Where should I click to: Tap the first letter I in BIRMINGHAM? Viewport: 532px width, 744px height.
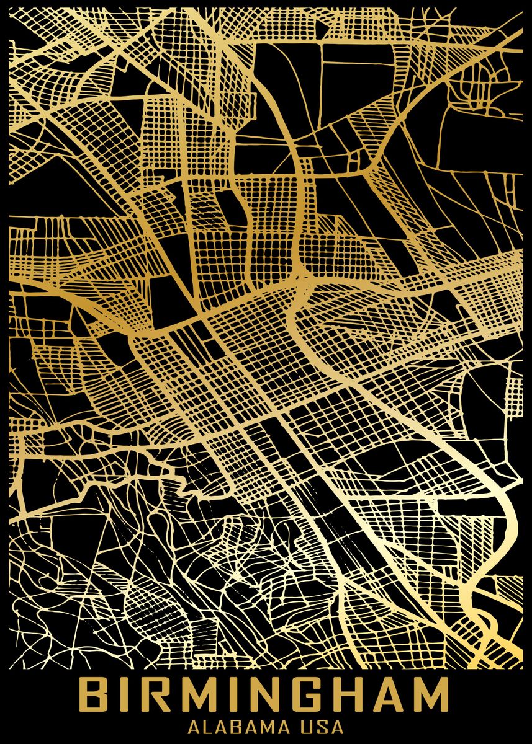(127, 695)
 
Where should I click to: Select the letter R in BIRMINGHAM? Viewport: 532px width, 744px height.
(156, 695)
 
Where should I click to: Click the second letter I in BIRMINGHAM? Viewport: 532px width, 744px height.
(231, 695)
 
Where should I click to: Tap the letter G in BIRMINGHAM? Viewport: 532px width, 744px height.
(302, 695)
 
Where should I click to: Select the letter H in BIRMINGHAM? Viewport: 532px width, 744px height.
(343, 695)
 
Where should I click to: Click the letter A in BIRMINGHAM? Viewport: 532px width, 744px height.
(384, 695)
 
